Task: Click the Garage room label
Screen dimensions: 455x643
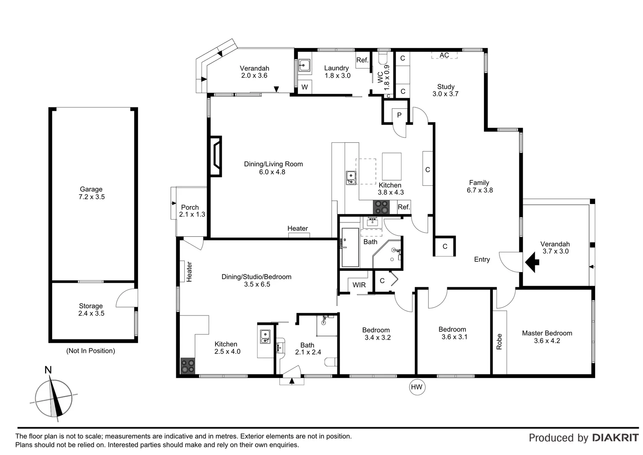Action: [91, 190]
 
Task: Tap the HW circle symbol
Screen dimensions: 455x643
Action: [417, 387]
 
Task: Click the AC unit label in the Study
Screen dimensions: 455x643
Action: [444, 55]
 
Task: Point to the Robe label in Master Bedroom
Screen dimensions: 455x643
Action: [500, 341]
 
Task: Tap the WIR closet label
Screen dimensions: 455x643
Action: [359, 285]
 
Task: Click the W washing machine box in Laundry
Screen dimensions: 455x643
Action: [305, 87]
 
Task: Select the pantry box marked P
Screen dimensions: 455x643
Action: [399, 115]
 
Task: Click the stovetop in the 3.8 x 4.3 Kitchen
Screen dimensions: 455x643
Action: [382, 207]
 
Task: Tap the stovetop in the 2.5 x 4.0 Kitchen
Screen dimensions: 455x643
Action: [188, 366]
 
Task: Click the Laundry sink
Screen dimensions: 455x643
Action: [304, 65]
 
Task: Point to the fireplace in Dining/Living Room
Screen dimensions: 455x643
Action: [215, 156]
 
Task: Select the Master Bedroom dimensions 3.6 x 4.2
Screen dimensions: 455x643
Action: [547, 341]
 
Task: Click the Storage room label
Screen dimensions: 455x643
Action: [91, 306]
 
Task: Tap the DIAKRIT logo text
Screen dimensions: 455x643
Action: [615, 438]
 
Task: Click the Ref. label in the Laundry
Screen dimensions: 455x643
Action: [362, 60]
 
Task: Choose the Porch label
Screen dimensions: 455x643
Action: [190, 207]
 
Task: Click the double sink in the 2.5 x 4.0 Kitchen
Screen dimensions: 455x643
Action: [265, 336]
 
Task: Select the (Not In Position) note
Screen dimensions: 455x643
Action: [90, 351]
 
